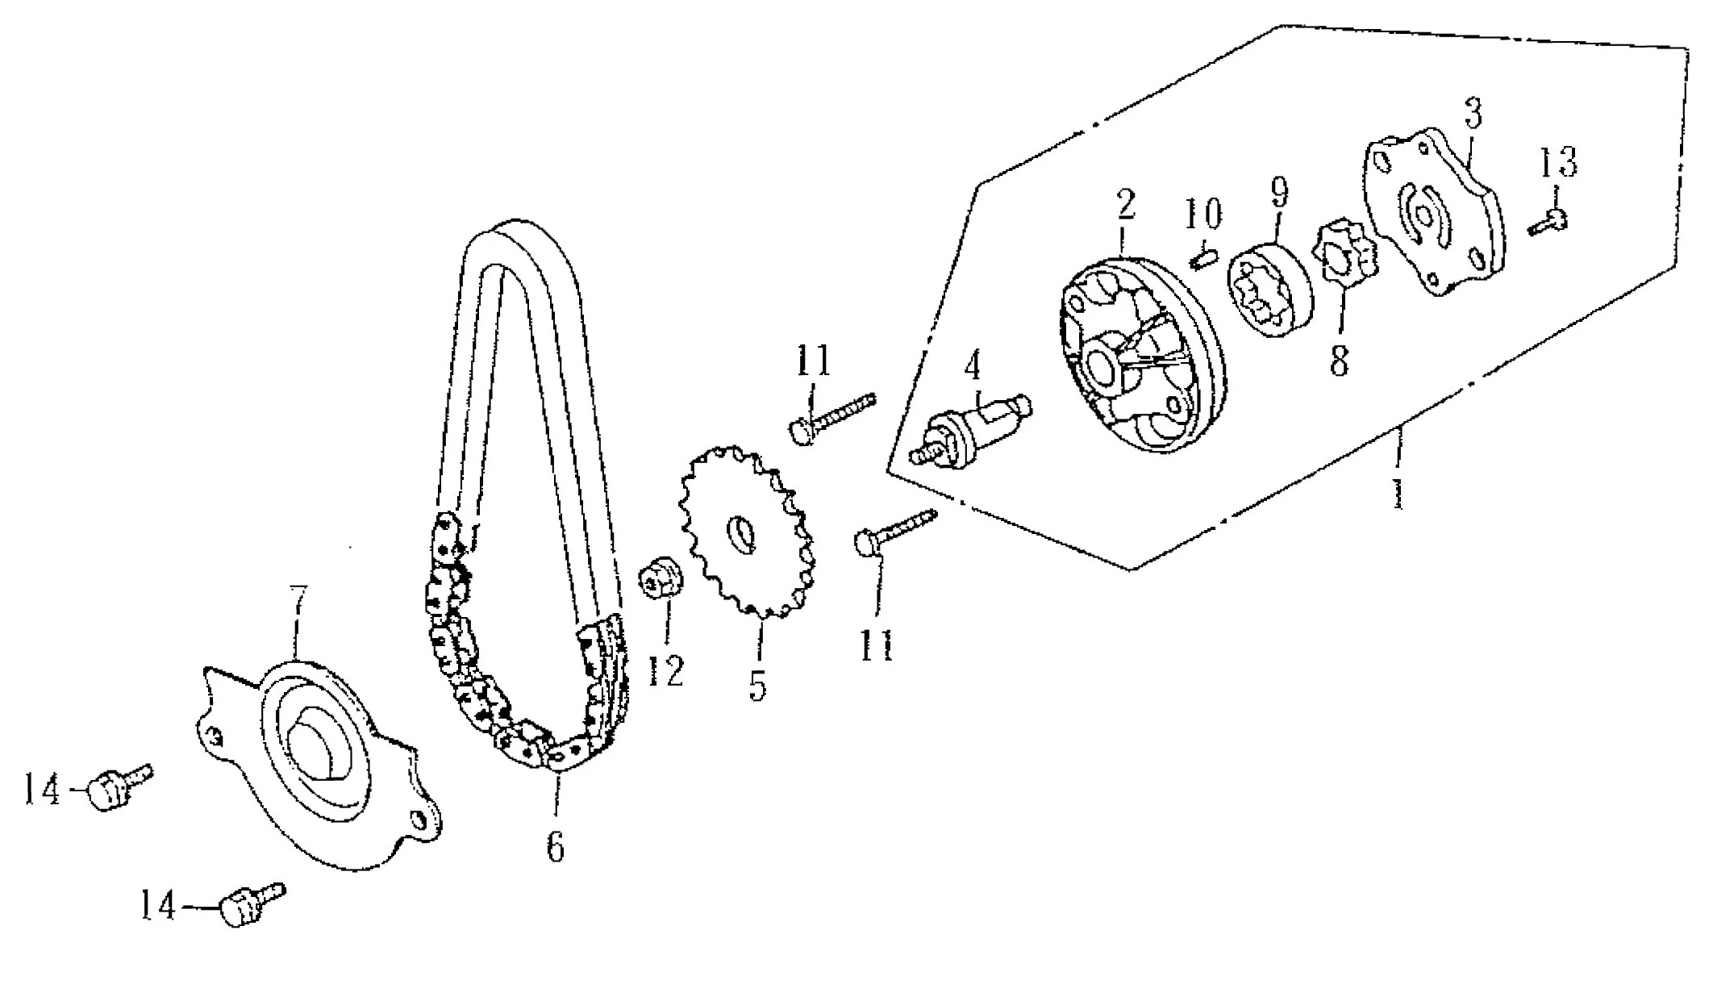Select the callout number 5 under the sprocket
pyautogui.click(x=757, y=684)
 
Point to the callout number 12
pyautogui.click(x=665, y=670)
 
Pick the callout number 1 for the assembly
pyautogui.click(x=1398, y=491)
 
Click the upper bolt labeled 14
pyautogui.click(x=121, y=786)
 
